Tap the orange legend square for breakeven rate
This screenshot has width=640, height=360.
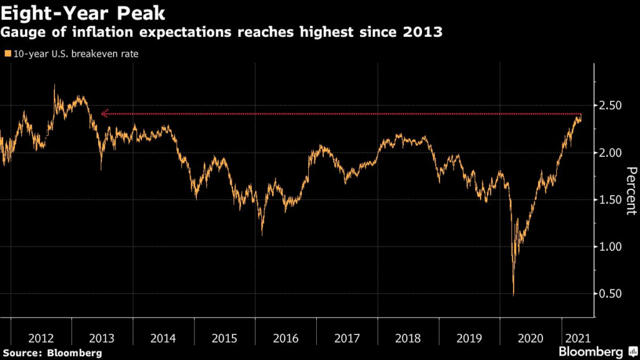point(7,54)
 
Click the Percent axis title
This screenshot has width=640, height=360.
point(631,191)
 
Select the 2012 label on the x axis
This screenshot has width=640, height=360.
point(41,338)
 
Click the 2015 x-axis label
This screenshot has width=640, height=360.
point(224,338)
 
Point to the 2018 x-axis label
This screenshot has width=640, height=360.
point(408,338)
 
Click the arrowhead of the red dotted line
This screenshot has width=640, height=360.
point(104,114)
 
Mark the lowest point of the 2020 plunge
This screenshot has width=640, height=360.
point(514,295)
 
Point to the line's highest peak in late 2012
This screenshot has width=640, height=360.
point(54,86)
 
